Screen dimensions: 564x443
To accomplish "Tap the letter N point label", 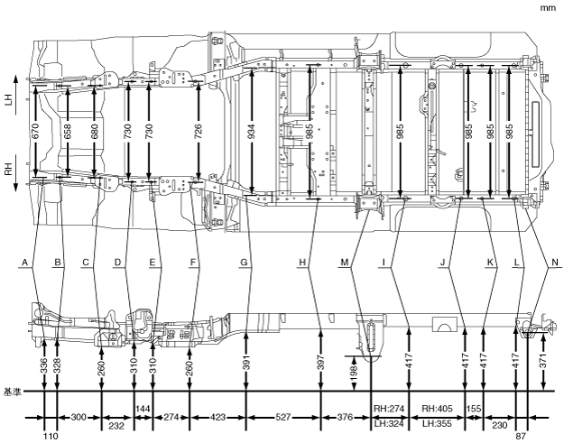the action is pos(552,263).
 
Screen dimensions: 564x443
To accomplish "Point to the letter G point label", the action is pos(244,263).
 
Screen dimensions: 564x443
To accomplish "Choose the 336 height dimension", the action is pos(43,364).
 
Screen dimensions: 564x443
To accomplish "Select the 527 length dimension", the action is pos(283,418).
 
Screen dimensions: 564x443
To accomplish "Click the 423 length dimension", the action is pos(217,418).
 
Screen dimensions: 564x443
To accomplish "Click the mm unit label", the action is pos(548,7).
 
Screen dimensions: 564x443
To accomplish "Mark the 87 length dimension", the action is pos(520,435).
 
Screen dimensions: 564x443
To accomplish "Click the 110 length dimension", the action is pos(51,435).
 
